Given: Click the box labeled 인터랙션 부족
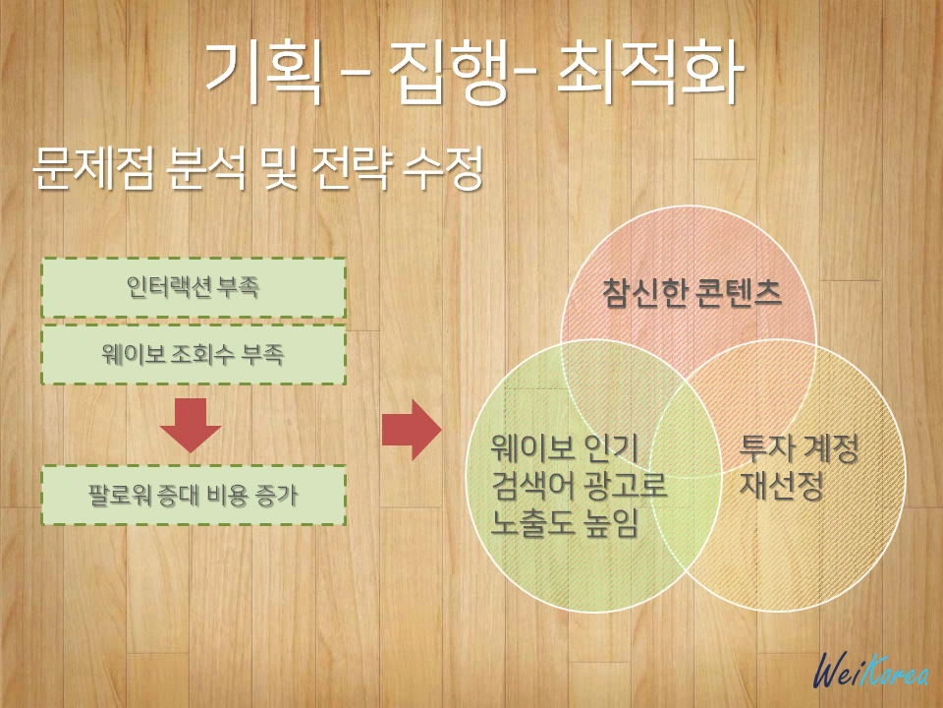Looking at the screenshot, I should [194, 287].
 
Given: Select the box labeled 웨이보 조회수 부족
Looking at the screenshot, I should [194, 355].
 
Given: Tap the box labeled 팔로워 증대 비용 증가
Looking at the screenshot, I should [194, 496].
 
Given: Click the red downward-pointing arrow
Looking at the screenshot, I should [192, 424].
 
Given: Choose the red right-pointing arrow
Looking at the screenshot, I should [411, 430].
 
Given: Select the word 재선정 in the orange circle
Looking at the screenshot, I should [782, 487].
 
